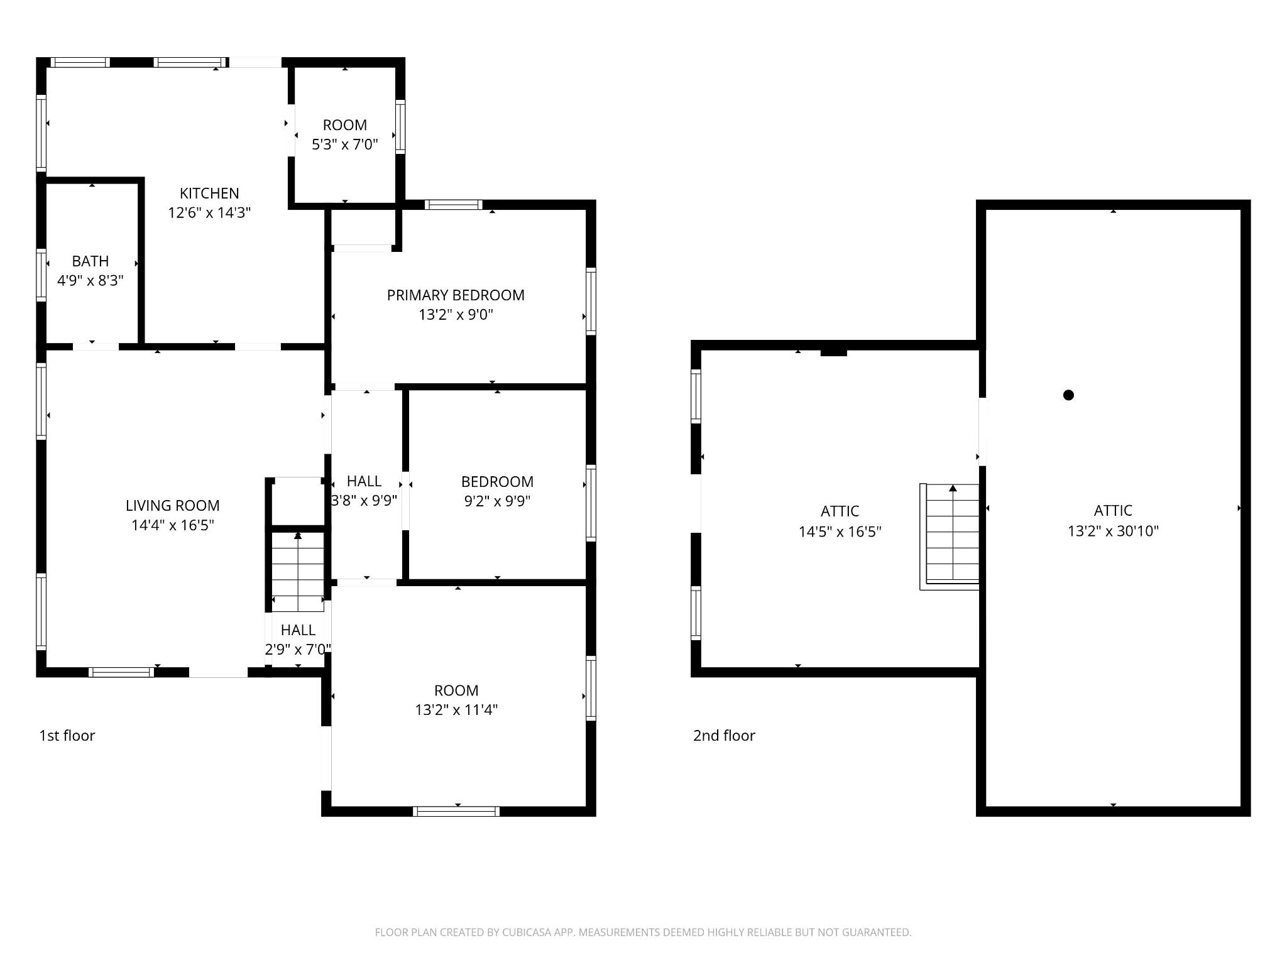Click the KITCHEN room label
coord(209,194)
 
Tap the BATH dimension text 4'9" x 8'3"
coord(90,281)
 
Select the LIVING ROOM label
coord(173,506)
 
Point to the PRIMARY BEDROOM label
coord(456,295)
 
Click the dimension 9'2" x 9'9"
coord(497,501)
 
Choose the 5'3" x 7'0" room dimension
coord(345,144)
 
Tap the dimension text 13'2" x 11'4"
coord(456,710)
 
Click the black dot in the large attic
coord(1068,395)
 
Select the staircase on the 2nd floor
coord(950,537)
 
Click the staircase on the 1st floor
coord(298,571)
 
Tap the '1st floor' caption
coord(67,736)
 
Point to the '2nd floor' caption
coord(724,736)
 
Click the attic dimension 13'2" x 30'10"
coord(1113,532)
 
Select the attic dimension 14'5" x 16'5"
coord(840,532)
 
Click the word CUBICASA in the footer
coord(526,932)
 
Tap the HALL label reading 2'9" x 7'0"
coord(298,650)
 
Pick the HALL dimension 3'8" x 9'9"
coord(364,501)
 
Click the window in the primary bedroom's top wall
coord(454,204)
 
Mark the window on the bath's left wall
coord(41,275)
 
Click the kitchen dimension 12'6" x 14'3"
coord(209,213)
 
